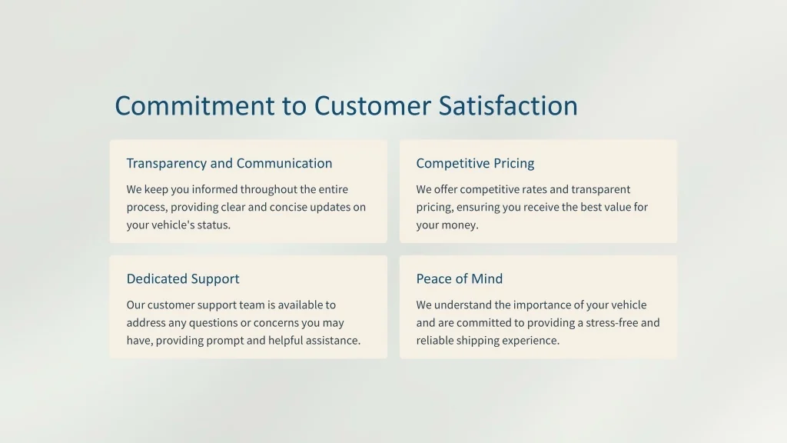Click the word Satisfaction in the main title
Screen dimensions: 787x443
pyautogui.click(x=508, y=105)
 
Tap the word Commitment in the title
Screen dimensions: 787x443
pyautogui.click(x=194, y=105)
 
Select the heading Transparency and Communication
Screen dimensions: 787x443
pyautogui.click(x=229, y=163)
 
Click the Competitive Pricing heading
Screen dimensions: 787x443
pyautogui.click(x=475, y=163)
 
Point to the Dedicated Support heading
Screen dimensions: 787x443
pyautogui.click(x=183, y=278)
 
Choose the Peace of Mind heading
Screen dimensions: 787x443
pyautogui.click(x=460, y=278)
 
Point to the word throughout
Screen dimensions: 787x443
pyautogui.click(x=268, y=189)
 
